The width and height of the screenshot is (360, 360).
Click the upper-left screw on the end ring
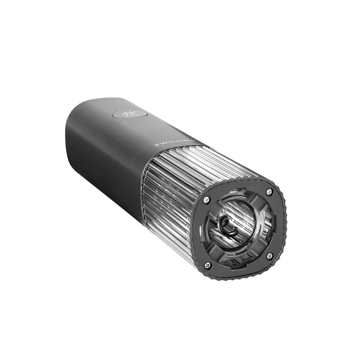pos(206,199)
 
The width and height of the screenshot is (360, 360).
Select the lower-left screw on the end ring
pos(208,264)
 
